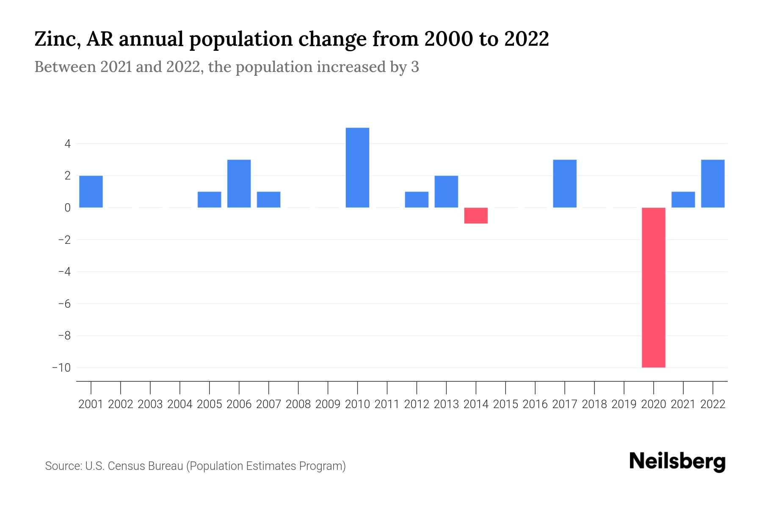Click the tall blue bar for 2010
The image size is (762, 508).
357,168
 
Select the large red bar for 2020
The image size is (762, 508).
653,287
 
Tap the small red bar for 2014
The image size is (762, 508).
476,215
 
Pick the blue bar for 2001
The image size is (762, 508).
91,191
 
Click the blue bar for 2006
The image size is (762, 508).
239,183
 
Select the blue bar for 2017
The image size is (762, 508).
565,183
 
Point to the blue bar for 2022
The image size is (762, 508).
712,183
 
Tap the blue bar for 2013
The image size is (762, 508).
446,191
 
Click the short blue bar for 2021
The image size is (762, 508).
683,199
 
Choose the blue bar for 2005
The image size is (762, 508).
209,199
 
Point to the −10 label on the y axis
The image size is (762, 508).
61,367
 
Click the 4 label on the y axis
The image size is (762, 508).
67,144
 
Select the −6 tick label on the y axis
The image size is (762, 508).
64,304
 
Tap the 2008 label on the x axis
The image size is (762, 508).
298,404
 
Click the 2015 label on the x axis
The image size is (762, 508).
505,404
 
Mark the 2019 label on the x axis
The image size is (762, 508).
624,404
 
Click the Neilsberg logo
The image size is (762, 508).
677,461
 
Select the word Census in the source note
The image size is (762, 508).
124,466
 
